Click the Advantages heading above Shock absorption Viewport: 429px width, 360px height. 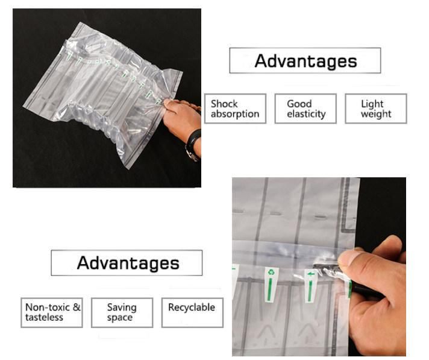[305, 61]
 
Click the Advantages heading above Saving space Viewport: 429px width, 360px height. [128, 263]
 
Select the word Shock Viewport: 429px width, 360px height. [224, 104]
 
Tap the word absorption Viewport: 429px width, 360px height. [235, 114]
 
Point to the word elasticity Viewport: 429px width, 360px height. [306, 114]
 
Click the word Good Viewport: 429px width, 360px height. [299, 104]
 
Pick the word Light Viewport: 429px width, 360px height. [372, 104]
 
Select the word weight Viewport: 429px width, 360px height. [376, 114]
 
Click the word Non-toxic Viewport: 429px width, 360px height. [48, 307]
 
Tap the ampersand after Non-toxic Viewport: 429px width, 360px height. [77, 307]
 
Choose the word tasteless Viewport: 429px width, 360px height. [44, 317]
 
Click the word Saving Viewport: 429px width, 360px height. [122, 308]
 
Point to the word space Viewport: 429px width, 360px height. [119, 318]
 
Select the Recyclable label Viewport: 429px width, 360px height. [192, 308]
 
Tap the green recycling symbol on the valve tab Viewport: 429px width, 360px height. [271, 272]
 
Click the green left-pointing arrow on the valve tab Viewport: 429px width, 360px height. [310, 274]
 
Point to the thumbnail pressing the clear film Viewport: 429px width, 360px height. [345, 257]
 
